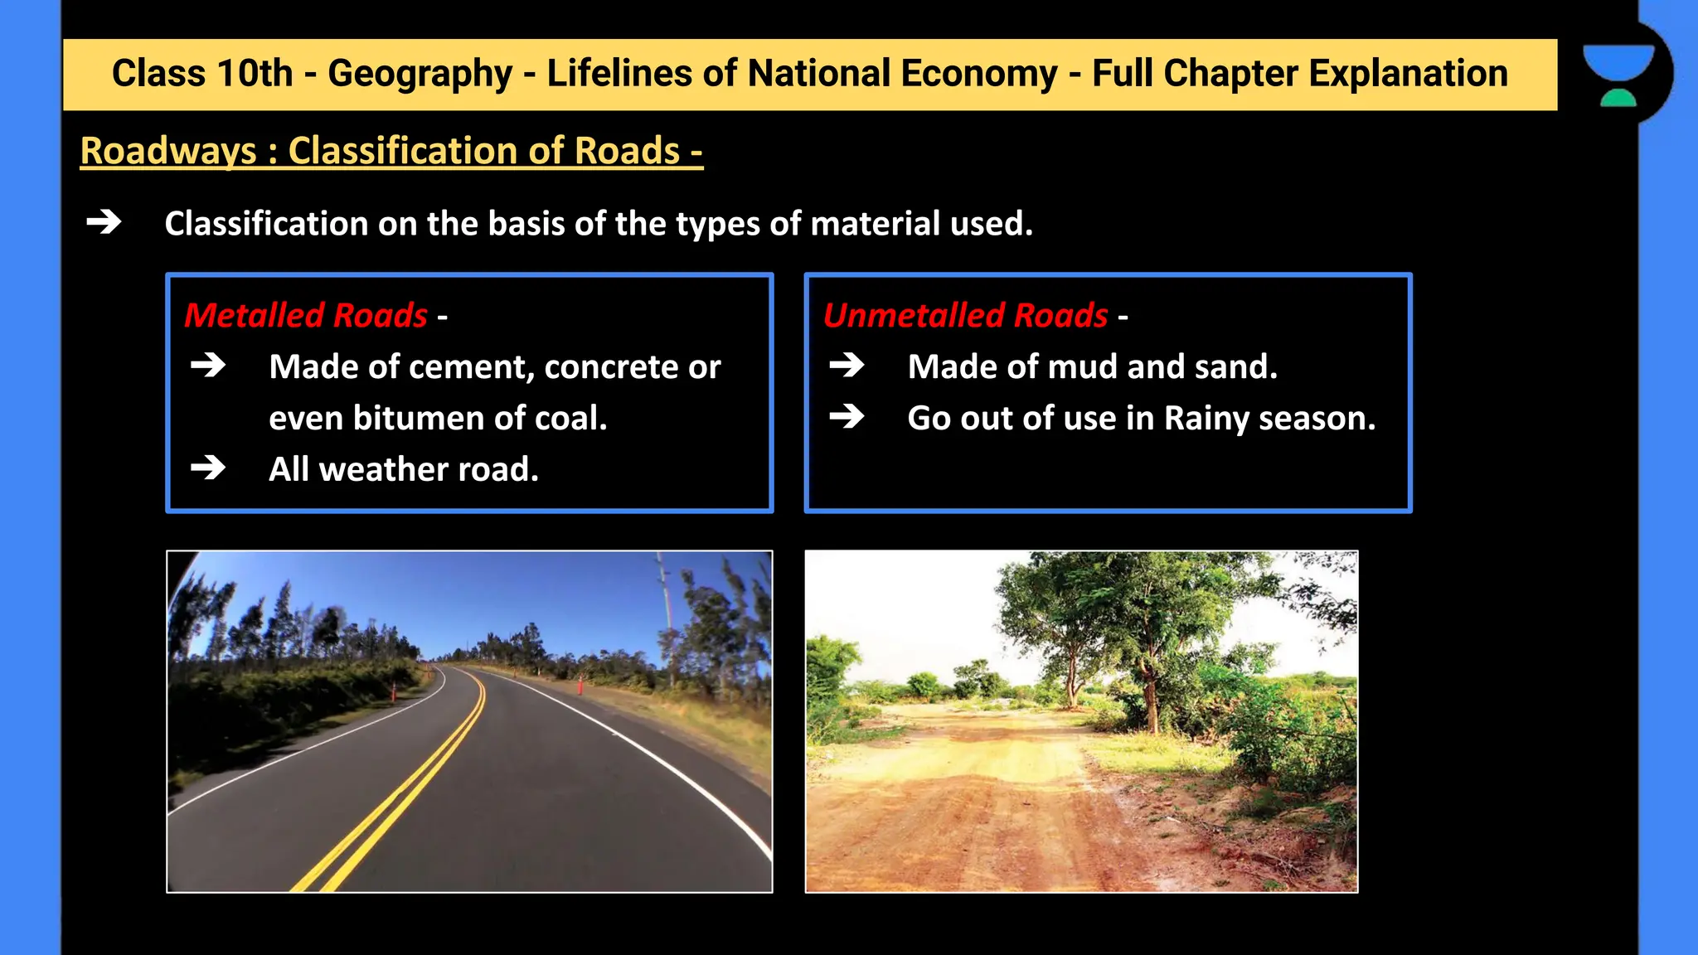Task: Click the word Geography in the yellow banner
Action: coord(420,75)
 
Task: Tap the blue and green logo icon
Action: coord(1618,75)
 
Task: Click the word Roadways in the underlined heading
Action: coord(168,151)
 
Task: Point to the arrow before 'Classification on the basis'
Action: coord(104,222)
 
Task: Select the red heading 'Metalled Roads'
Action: coord(306,315)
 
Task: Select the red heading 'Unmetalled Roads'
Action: coord(965,315)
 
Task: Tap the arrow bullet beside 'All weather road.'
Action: coord(208,468)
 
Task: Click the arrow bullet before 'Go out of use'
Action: coord(847,416)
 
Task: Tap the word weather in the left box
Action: coord(384,469)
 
